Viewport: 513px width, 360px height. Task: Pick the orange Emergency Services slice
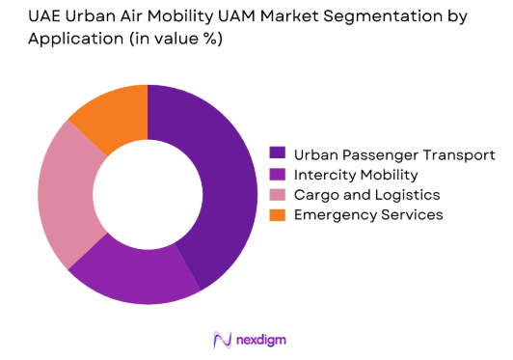tap(108, 118)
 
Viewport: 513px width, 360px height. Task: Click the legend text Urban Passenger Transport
tap(394, 154)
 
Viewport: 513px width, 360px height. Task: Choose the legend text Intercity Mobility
tap(356, 175)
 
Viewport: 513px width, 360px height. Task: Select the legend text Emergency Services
tap(368, 215)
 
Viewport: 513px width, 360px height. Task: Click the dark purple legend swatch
tap(278, 154)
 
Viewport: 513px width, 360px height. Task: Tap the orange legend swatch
tap(278, 215)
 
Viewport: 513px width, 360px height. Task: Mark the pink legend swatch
tap(278, 195)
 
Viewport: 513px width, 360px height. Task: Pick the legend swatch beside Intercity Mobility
tap(278, 175)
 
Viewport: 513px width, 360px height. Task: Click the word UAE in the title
tap(28, 18)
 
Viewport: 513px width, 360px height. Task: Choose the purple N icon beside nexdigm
tap(222, 340)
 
